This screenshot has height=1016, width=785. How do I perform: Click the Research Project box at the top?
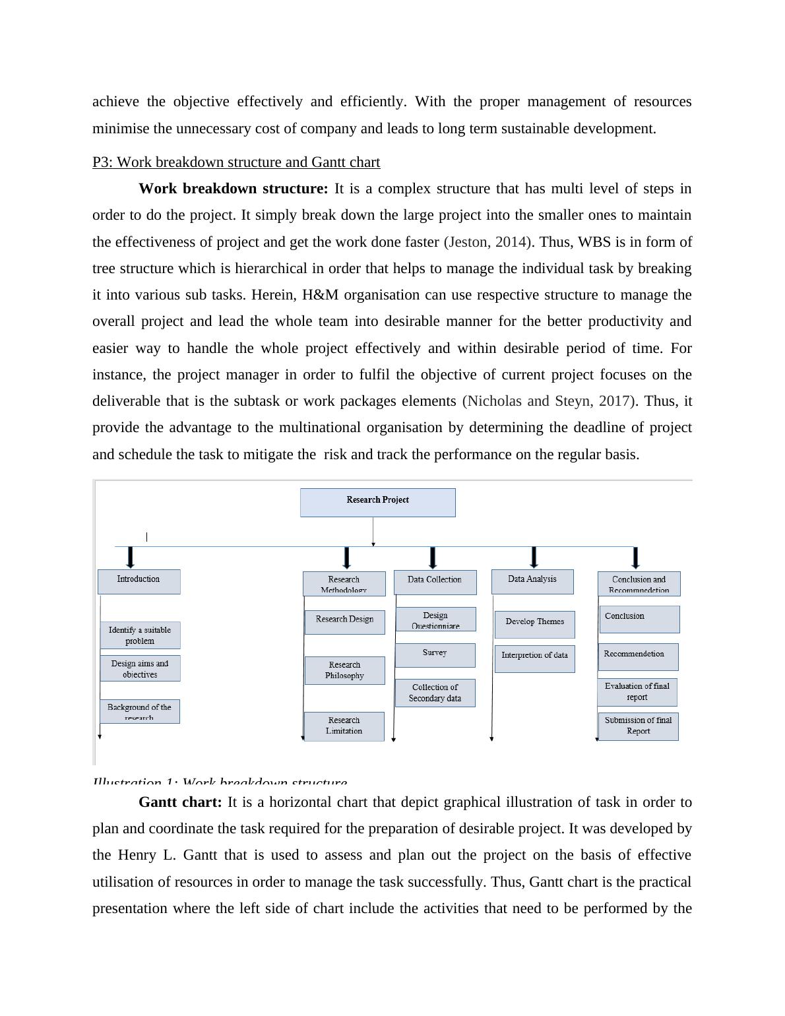click(x=377, y=502)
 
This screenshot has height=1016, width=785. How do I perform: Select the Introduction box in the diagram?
click(x=139, y=581)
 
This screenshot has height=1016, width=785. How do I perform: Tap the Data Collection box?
click(x=435, y=582)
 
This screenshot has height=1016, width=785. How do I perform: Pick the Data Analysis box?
click(x=532, y=581)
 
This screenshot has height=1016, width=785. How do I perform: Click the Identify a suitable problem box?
click(x=140, y=635)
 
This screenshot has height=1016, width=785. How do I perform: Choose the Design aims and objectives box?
click(x=140, y=668)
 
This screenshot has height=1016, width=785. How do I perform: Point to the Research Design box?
click(x=344, y=621)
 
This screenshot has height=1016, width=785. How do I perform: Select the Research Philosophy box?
click(x=344, y=670)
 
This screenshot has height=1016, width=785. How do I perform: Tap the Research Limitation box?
click(x=344, y=726)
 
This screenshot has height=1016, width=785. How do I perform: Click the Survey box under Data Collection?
click(x=435, y=654)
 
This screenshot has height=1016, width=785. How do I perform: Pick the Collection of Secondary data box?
click(x=435, y=693)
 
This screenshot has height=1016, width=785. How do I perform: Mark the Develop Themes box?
click(x=534, y=623)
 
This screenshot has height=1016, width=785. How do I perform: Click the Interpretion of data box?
click(x=534, y=658)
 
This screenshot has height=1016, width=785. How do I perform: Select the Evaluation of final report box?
click(x=637, y=692)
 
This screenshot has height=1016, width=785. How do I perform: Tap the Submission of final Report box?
click(x=638, y=726)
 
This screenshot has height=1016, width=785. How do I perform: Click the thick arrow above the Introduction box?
click(x=131, y=557)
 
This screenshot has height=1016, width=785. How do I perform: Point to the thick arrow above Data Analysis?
click(x=534, y=557)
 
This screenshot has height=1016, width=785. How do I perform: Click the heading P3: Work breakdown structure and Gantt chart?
click(x=236, y=162)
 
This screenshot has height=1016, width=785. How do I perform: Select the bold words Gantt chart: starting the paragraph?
click(x=180, y=803)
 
